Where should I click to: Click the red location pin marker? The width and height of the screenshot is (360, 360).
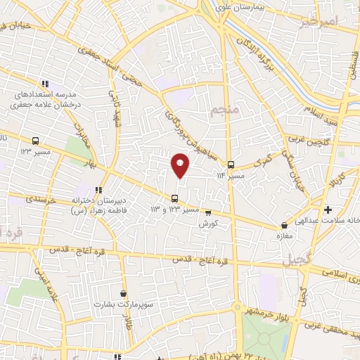pyautogui.click(x=180, y=165)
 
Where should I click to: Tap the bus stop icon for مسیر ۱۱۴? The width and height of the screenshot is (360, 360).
pyautogui.click(x=231, y=166)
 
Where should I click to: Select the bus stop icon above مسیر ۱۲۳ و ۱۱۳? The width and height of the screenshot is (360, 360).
pyautogui.click(x=175, y=197)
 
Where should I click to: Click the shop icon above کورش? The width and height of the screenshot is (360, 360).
pyautogui.click(x=207, y=212)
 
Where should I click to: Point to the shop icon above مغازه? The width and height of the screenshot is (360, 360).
pyautogui.click(x=285, y=226)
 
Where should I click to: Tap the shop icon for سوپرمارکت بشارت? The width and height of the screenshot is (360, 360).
pyautogui.click(x=124, y=294)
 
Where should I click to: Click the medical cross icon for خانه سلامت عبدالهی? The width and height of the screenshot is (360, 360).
pyautogui.click(x=328, y=209)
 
